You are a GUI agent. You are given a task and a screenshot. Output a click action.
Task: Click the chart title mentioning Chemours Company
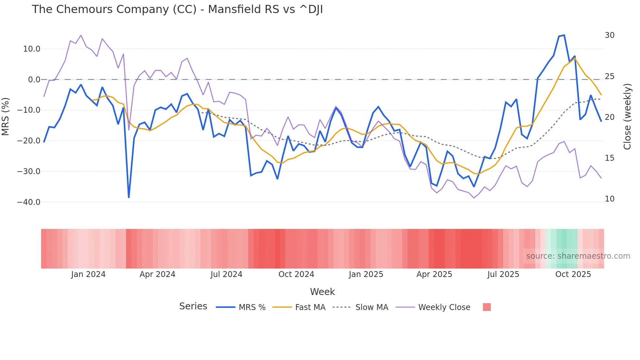(177, 9)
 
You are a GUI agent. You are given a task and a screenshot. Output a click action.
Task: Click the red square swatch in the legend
(487, 307)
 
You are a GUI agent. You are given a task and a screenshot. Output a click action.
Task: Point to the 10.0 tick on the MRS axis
(31, 49)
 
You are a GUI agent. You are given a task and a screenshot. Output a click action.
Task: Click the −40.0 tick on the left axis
(29, 202)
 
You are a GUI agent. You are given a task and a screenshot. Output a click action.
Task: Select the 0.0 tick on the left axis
(34, 80)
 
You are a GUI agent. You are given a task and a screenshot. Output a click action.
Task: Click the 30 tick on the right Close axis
(609, 35)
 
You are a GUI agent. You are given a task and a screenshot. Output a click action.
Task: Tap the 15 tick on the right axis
(609, 158)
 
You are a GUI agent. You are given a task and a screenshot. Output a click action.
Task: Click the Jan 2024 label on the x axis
(88, 274)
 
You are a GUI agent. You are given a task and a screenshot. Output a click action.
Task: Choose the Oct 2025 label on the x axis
(573, 274)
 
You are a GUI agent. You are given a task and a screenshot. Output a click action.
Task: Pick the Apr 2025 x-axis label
(434, 274)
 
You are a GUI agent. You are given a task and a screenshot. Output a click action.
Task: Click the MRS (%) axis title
(6, 117)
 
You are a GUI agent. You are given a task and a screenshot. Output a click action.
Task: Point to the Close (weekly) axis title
(627, 117)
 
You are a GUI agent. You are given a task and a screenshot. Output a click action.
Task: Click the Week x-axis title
(322, 292)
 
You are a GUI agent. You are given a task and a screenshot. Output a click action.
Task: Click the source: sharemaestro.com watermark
(578, 256)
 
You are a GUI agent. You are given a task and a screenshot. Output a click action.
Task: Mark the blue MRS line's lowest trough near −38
(129, 197)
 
